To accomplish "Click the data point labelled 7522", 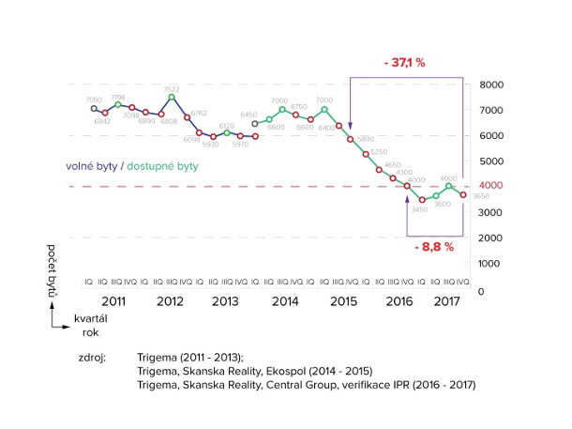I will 172,97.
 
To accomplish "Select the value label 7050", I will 94,100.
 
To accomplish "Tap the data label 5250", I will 379,151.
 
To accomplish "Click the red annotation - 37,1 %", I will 404,63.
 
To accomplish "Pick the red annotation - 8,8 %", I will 433,247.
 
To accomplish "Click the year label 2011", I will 114,302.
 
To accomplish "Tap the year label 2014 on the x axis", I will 285,302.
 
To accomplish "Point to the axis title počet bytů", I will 55,271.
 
